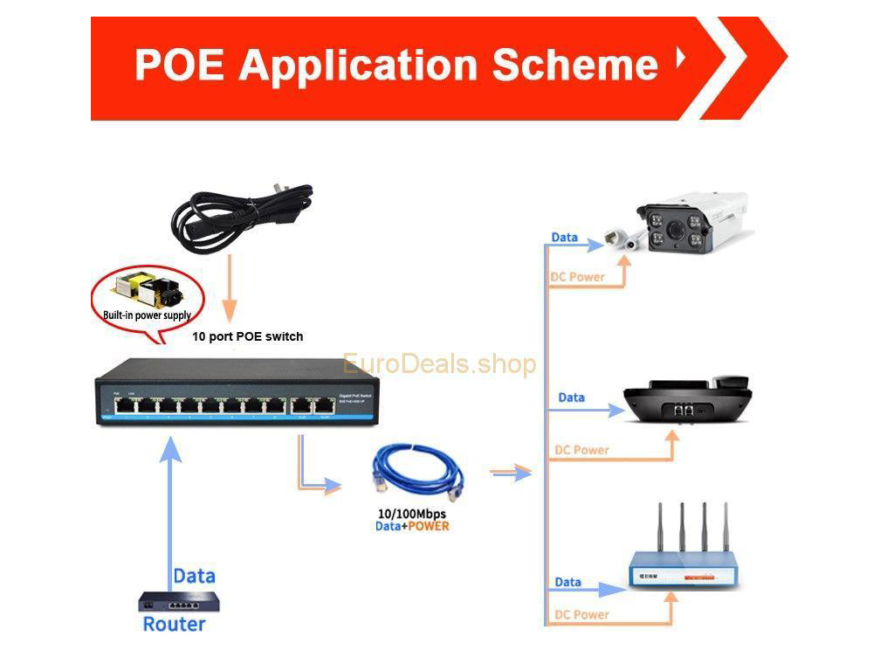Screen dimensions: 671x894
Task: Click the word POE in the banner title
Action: (x=180, y=65)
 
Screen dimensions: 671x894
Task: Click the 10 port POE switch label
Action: (x=248, y=336)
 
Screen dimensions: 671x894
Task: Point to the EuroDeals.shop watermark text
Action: (x=439, y=363)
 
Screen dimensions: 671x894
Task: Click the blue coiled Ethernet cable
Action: (x=416, y=475)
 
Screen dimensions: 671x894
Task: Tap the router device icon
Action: (x=179, y=601)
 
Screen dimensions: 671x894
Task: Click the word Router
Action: (x=174, y=624)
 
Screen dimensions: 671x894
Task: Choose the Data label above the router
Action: (x=194, y=576)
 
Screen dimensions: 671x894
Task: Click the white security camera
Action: (x=690, y=223)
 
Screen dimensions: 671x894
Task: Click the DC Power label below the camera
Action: (x=577, y=277)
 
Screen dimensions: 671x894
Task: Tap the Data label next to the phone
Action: (x=571, y=398)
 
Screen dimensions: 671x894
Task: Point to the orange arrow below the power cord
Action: (x=229, y=288)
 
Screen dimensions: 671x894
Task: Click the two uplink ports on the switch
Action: (x=313, y=405)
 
